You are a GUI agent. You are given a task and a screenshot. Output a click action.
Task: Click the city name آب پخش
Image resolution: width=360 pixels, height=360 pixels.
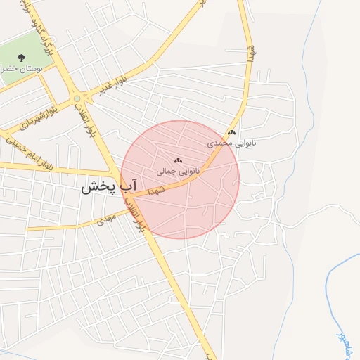(x=106, y=187)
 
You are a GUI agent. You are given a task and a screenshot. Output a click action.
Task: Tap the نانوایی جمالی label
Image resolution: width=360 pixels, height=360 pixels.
(x=179, y=170)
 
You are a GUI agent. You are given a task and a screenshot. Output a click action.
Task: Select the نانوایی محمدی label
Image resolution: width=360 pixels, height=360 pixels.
(x=231, y=143)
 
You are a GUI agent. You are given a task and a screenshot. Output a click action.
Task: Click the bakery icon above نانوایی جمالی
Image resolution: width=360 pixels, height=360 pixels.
(x=178, y=160)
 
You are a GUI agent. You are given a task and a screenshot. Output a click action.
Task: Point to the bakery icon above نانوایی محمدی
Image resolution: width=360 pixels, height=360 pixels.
(x=232, y=132)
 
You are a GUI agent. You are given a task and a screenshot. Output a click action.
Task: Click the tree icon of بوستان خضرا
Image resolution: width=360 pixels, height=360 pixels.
(x=20, y=58)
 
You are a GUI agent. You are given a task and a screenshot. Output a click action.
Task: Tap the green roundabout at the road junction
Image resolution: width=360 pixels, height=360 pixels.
(x=77, y=99)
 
